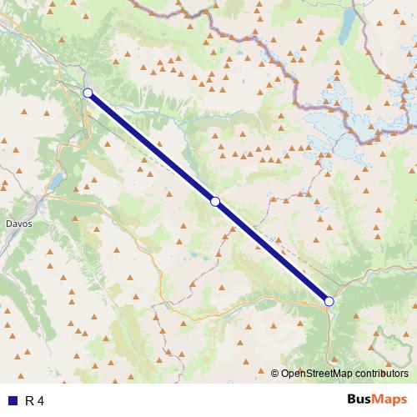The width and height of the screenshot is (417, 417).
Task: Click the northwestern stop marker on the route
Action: point(88,93)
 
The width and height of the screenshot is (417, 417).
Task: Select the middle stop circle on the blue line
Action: point(215,201)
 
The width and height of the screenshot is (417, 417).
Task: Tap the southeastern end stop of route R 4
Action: point(329,301)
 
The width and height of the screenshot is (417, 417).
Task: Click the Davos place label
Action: point(18,224)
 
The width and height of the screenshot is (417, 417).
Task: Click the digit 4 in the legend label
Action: point(41,401)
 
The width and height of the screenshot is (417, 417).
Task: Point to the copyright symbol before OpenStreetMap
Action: point(276,374)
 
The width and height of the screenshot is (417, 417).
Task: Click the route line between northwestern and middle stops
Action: point(150,146)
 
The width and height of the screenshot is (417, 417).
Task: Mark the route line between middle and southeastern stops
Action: point(272,251)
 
